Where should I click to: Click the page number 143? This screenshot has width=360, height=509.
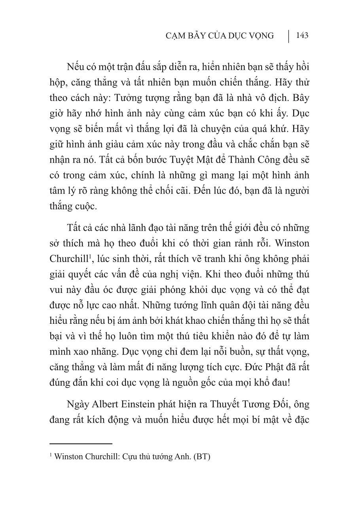tap(302, 36)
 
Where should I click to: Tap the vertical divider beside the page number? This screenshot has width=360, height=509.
tap(288, 36)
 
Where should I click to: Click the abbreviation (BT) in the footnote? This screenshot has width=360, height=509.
tap(201, 456)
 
